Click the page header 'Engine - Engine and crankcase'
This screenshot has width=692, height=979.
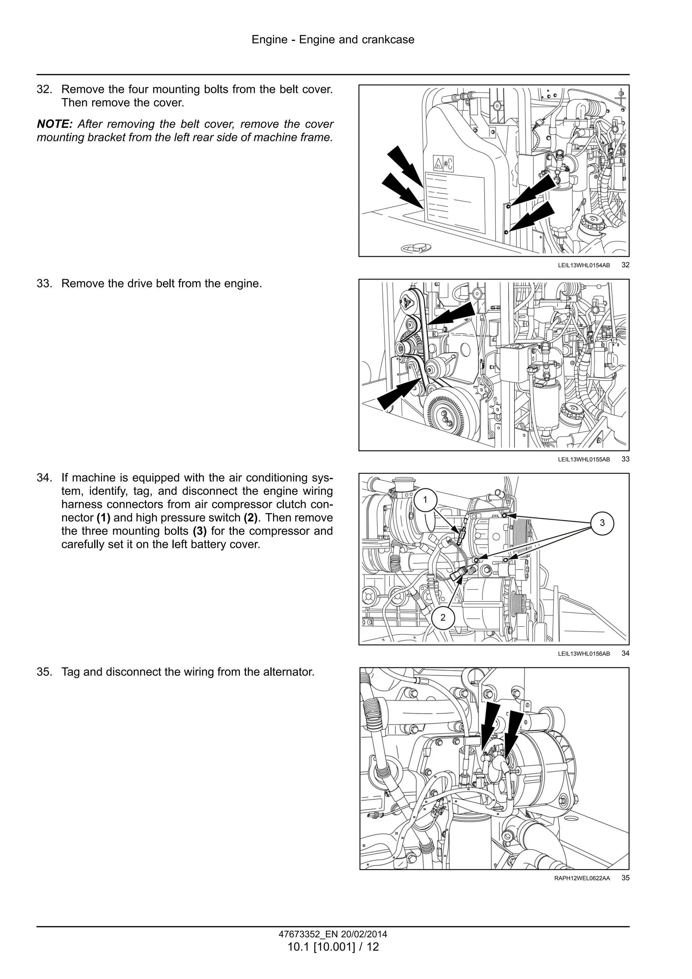click(x=332, y=40)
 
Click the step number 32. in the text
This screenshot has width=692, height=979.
click(x=44, y=90)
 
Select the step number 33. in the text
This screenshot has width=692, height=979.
click(x=44, y=284)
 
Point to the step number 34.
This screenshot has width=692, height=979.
click(x=44, y=478)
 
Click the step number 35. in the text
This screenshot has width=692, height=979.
click(x=44, y=672)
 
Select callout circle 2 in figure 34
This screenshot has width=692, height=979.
click(x=443, y=617)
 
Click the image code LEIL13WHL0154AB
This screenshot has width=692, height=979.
click(x=584, y=265)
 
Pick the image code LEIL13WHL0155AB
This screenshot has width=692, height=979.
click(x=584, y=460)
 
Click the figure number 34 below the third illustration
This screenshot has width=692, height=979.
click(x=625, y=653)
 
